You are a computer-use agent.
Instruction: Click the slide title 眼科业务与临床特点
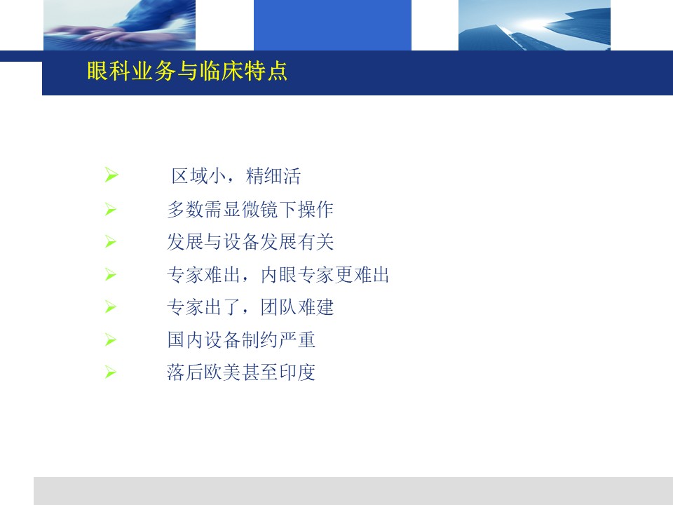point(187,71)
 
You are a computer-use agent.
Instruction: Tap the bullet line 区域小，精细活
point(236,176)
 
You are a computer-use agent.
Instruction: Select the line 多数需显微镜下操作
point(250,210)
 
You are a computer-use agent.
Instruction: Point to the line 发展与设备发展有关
point(250,242)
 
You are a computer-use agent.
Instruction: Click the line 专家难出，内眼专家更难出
point(278,275)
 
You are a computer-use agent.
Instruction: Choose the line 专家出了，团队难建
point(250,307)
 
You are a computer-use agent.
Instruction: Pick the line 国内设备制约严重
point(241,339)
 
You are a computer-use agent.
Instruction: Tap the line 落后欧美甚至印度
point(241,372)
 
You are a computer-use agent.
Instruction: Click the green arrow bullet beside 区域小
point(111,175)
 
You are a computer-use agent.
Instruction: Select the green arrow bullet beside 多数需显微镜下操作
point(110,209)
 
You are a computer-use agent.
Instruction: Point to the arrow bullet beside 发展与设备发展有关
point(110,242)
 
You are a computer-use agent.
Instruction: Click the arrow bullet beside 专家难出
point(110,274)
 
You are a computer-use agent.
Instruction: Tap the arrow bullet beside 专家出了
point(110,307)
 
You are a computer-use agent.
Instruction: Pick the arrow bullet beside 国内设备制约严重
point(110,339)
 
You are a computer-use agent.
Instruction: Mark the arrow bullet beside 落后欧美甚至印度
point(110,372)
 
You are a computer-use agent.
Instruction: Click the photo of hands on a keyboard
point(119,25)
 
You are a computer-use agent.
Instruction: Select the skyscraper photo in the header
point(534,25)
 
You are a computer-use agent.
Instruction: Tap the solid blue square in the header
point(332,25)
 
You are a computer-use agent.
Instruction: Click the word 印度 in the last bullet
point(297,372)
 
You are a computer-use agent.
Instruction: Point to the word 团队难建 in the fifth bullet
point(297,307)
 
